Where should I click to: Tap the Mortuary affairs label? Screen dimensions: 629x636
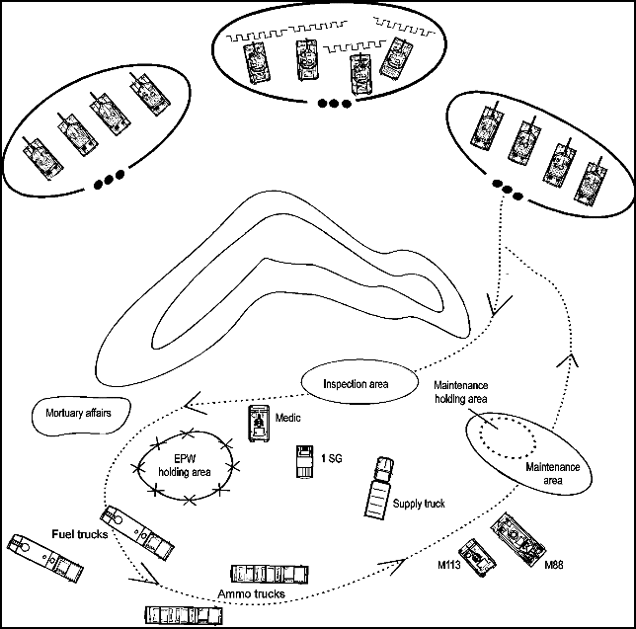[x=73, y=410]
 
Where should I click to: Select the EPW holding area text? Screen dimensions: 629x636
[x=188, y=466]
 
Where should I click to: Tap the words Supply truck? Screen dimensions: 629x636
[x=418, y=504]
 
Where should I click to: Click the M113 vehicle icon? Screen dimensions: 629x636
[x=478, y=555]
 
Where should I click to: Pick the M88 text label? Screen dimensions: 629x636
[x=556, y=565]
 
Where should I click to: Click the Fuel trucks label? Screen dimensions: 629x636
[x=80, y=534]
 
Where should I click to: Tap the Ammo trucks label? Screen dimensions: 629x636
[x=249, y=594]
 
